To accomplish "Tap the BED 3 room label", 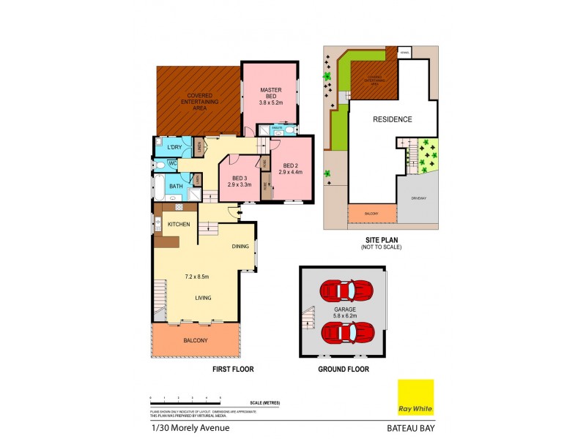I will pos(240,178).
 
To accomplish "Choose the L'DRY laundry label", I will pos(174,148).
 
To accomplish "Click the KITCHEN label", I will pos(179,224).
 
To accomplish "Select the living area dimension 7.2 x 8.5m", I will pos(196,277).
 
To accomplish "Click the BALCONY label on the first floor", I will pos(196,341).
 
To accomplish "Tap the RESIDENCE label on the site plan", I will pos(393,119).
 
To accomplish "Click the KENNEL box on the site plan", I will pos(405,52).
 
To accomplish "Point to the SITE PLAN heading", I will pos(381,241).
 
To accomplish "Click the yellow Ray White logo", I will pos(415,397).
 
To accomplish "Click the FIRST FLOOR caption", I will pos(233,369).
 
